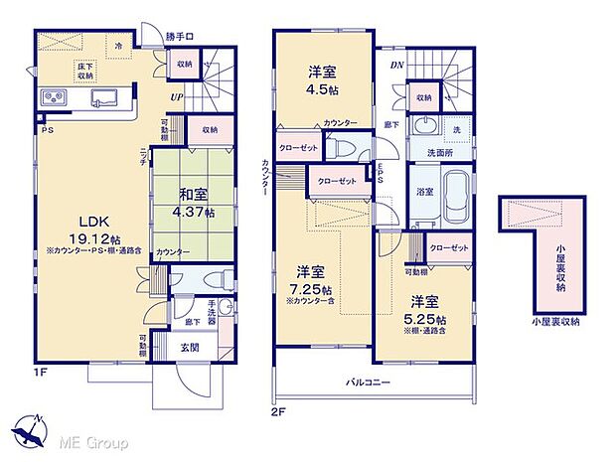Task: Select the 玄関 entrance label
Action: click(x=190, y=347)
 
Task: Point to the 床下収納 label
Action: click(x=85, y=71)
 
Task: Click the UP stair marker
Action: click(x=176, y=96)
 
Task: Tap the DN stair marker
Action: click(x=396, y=64)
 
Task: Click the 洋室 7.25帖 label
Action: click(x=310, y=279)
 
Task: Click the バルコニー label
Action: click(x=368, y=383)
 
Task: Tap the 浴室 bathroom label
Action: click(x=422, y=192)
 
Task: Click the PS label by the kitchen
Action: click(x=46, y=130)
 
